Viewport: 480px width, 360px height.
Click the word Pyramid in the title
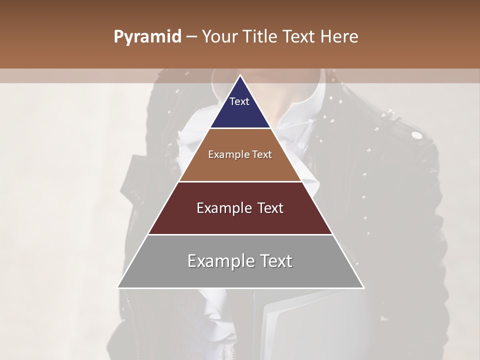pos(147,37)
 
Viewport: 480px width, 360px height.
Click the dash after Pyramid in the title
pos(191,37)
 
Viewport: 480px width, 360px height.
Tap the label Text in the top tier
pos(239,101)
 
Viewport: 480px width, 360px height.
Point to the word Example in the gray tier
pos(219,261)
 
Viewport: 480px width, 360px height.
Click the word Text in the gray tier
pos(273,261)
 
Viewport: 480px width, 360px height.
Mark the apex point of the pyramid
pos(240,75)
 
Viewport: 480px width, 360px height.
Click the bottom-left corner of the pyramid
pos(117,287)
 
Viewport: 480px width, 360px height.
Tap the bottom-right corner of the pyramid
pos(363,287)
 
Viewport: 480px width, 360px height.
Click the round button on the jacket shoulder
pos(416,135)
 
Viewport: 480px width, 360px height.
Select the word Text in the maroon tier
pos(267,208)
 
